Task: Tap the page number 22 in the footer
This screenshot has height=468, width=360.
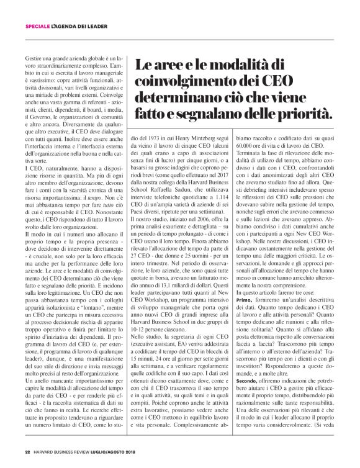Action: click(27, 451)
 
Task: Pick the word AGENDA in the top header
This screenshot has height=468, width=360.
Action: click(74, 26)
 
